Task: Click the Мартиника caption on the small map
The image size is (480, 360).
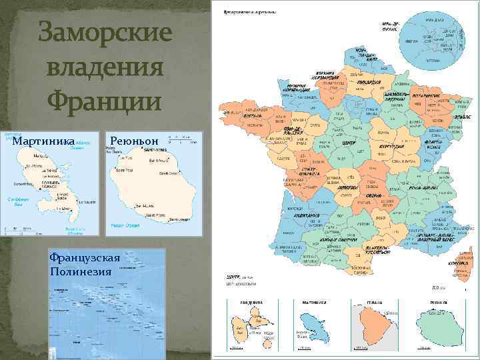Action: (44, 141)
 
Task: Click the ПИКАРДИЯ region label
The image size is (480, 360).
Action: (368, 83)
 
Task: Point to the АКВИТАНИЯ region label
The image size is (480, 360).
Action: (306, 215)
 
